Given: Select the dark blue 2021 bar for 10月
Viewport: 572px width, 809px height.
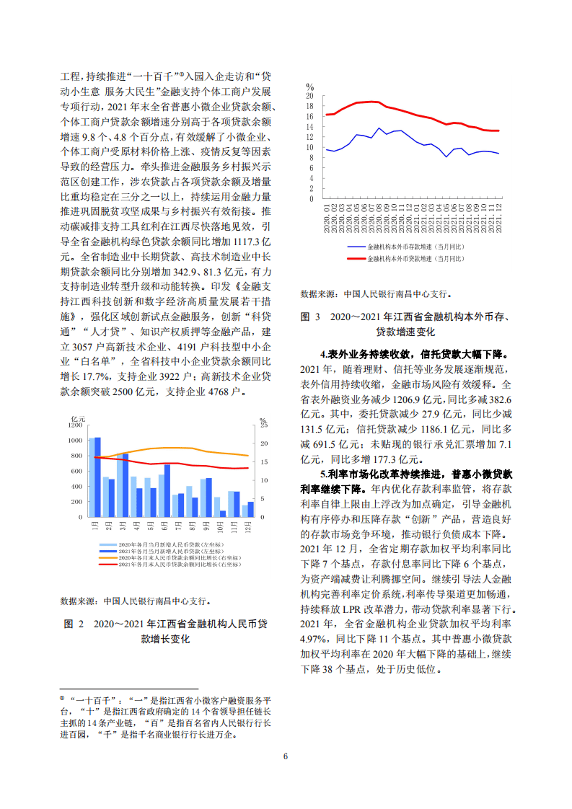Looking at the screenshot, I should [222, 514].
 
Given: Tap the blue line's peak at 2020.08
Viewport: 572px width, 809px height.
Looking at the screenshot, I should [379, 128].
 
